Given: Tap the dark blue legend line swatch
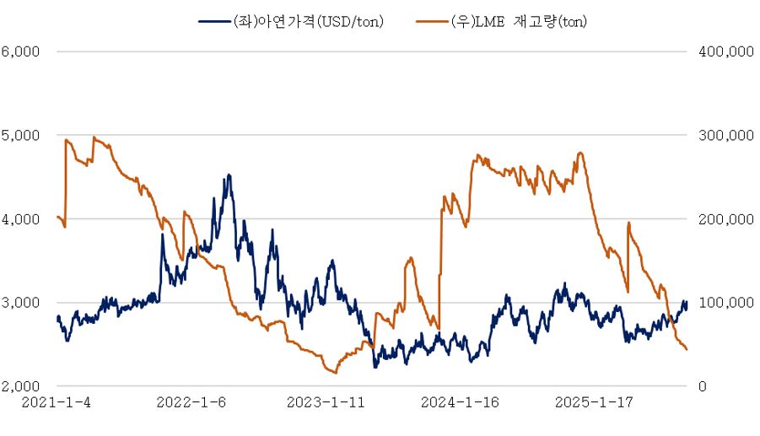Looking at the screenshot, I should click(212, 21).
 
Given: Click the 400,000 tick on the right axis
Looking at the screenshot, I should click(726, 51).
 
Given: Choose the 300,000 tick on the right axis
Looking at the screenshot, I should click(726, 135).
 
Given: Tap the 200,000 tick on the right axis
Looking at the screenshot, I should click(726, 219).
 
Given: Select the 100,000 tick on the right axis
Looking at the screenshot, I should click(726, 303).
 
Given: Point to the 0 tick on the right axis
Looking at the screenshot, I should click(704, 386).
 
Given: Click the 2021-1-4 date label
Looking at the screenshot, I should click(57, 403).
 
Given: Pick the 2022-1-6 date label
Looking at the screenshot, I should click(191, 403).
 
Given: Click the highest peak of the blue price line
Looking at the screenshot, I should click(229, 175).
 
